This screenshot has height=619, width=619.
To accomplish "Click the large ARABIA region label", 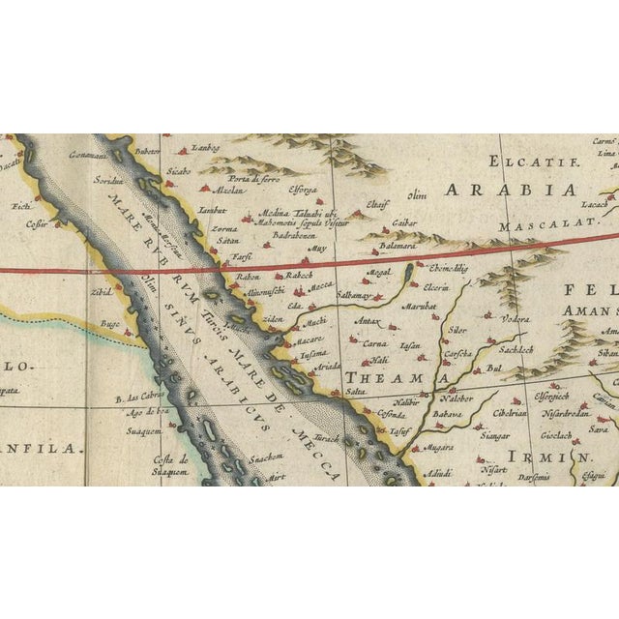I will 510,189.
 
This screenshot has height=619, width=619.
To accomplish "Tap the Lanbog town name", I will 207,147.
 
